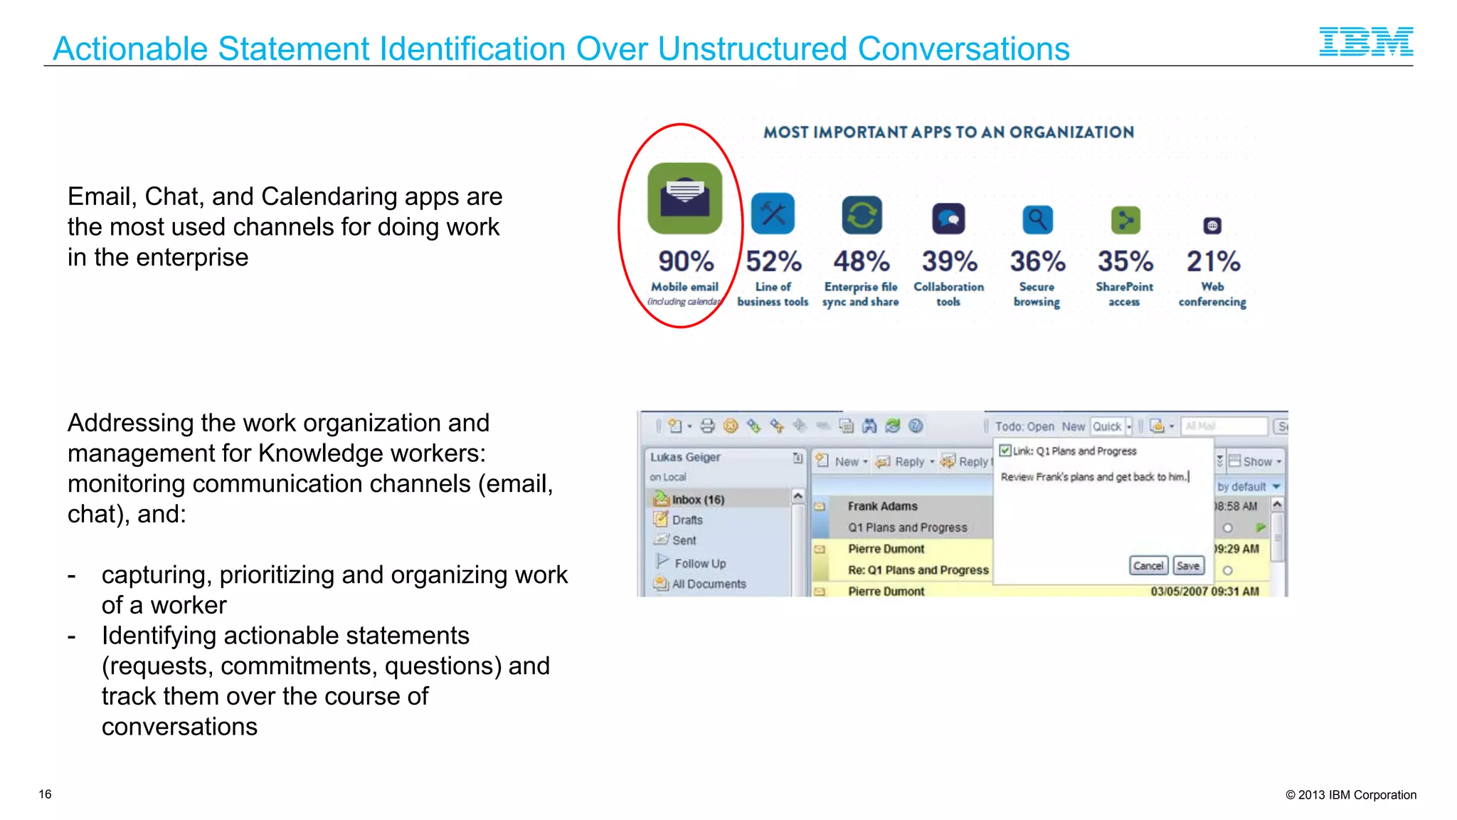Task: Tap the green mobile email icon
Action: pyautogui.click(x=684, y=199)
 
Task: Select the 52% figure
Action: pyautogui.click(x=773, y=261)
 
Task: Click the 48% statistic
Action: pyautogui.click(x=861, y=261)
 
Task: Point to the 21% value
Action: pyautogui.click(x=1213, y=261)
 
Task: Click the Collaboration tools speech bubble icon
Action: pyautogui.click(x=948, y=219)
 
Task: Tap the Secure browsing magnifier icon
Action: pyautogui.click(x=1037, y=219)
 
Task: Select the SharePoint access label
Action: pyautogui.click(x=1124, y=294)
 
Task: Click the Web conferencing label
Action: pyautogui.click(x=1212, y=294)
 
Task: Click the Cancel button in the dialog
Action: pyautogui.click(x=1148, y=566)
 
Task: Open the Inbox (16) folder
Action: pyautogui.click(x=697, y=500)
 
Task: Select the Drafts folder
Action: pyautogui.click(x=687, y=520)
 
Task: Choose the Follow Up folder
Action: pyautogui.click(x=700, y=563)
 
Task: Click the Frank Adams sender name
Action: pyautogui.click(x=882, y=506)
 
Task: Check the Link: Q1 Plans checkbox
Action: pyautogui.click(x=1005, y=451)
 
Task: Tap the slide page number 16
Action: pyautogui.click(x=45, y=794)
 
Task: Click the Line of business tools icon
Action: pyautogui.click(x=773, y=214)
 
